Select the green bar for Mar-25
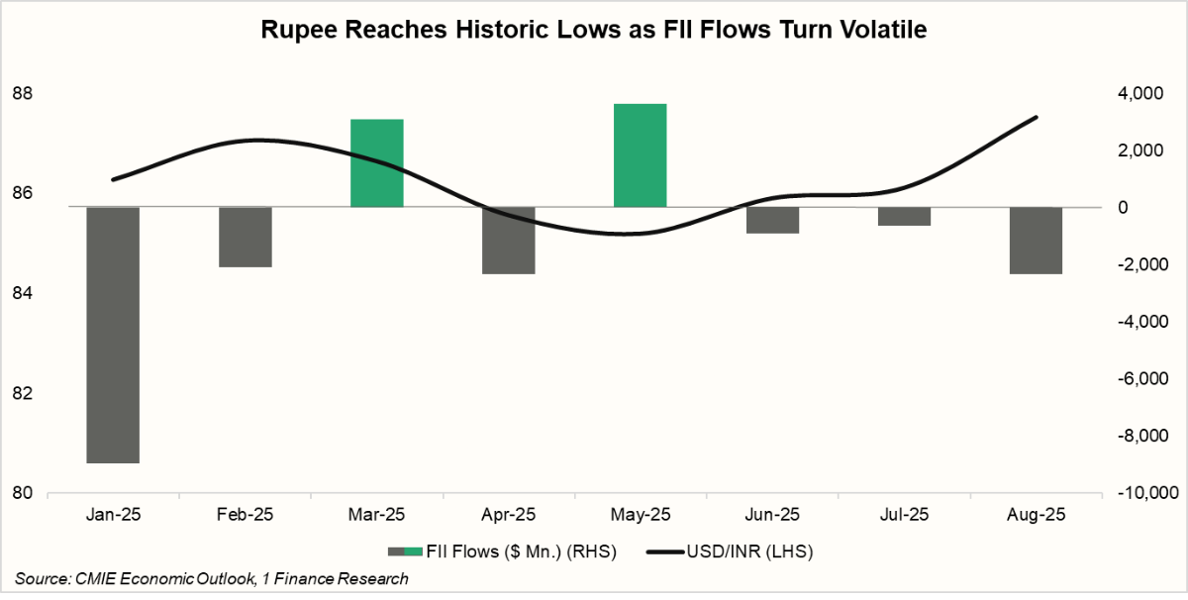point(377,163)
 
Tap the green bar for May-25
point(640,155)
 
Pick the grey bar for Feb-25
point(246,238)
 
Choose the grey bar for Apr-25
point(509,241)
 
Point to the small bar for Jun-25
point(772,220)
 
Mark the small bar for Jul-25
point(904,217)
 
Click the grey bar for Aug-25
point(1036,241)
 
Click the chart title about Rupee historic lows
point(593,31)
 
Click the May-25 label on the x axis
point(640,516)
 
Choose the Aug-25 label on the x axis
point(1036,516)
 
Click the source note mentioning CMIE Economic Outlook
point(212,579)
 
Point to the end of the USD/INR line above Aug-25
point(1036,118)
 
